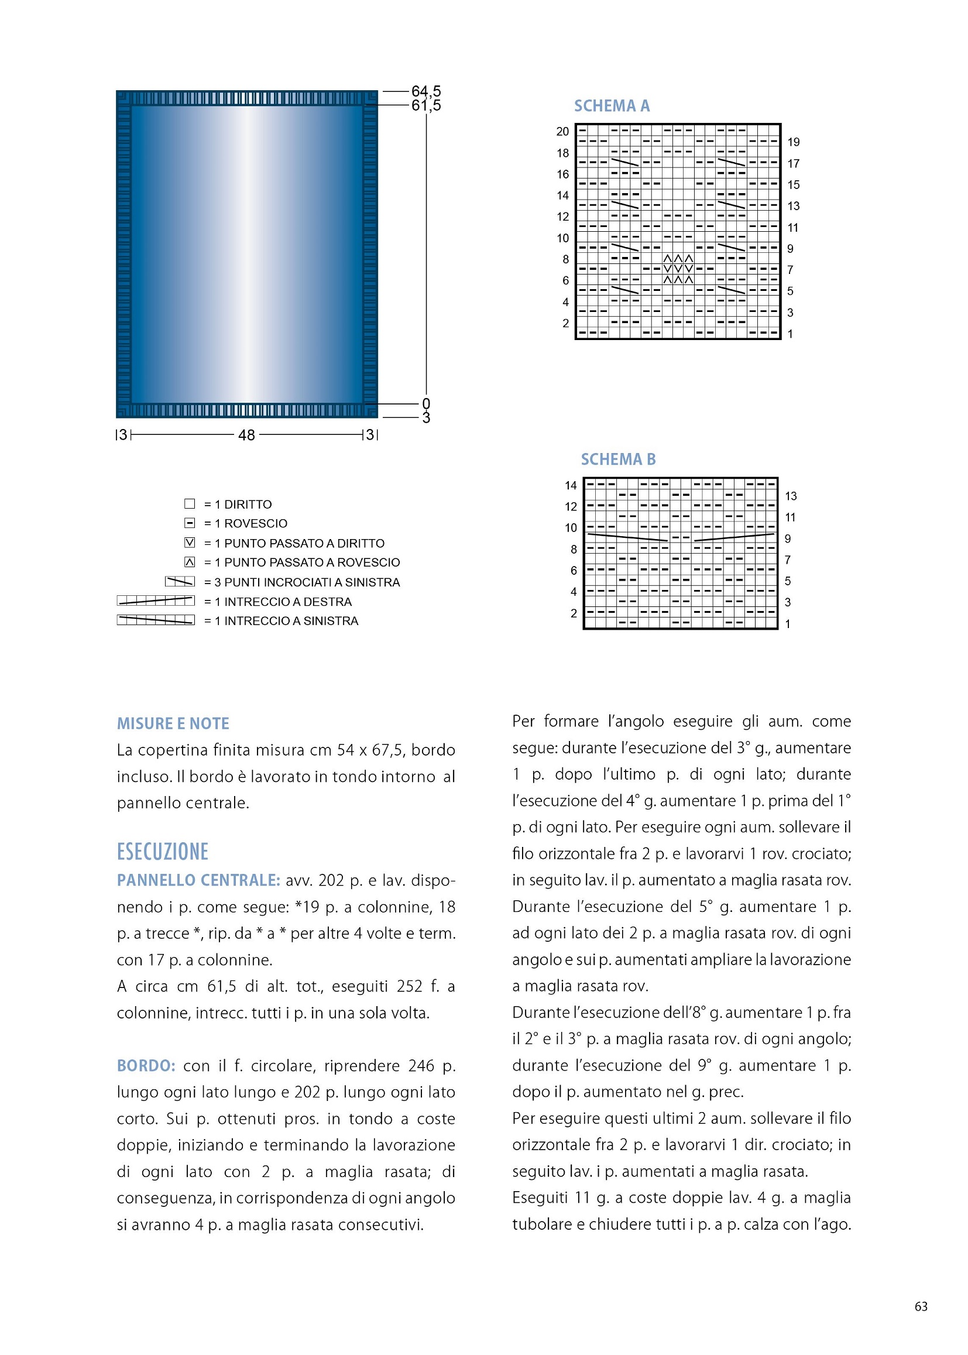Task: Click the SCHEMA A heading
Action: click(612, 106)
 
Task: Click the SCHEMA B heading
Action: click(618, 459)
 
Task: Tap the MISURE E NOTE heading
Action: click(173, 723)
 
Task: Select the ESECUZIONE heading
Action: click(163, 851)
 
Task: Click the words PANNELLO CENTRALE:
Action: click(198, 880)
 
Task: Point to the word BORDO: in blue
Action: click(146, 1065)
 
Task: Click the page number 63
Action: click(921, 1306)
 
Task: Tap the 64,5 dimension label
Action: click(426, 91)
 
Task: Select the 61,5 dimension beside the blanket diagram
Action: click(426, 105)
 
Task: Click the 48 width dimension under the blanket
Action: click(247, 435)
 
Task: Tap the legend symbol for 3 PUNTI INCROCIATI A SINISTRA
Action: click(180, 581)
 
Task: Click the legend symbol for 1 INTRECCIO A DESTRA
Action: click(156, 601)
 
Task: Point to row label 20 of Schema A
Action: click(562, 132)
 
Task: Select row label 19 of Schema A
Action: click(794, 142)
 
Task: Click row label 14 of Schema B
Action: click(571, 485)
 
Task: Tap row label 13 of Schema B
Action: click(791, 496)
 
